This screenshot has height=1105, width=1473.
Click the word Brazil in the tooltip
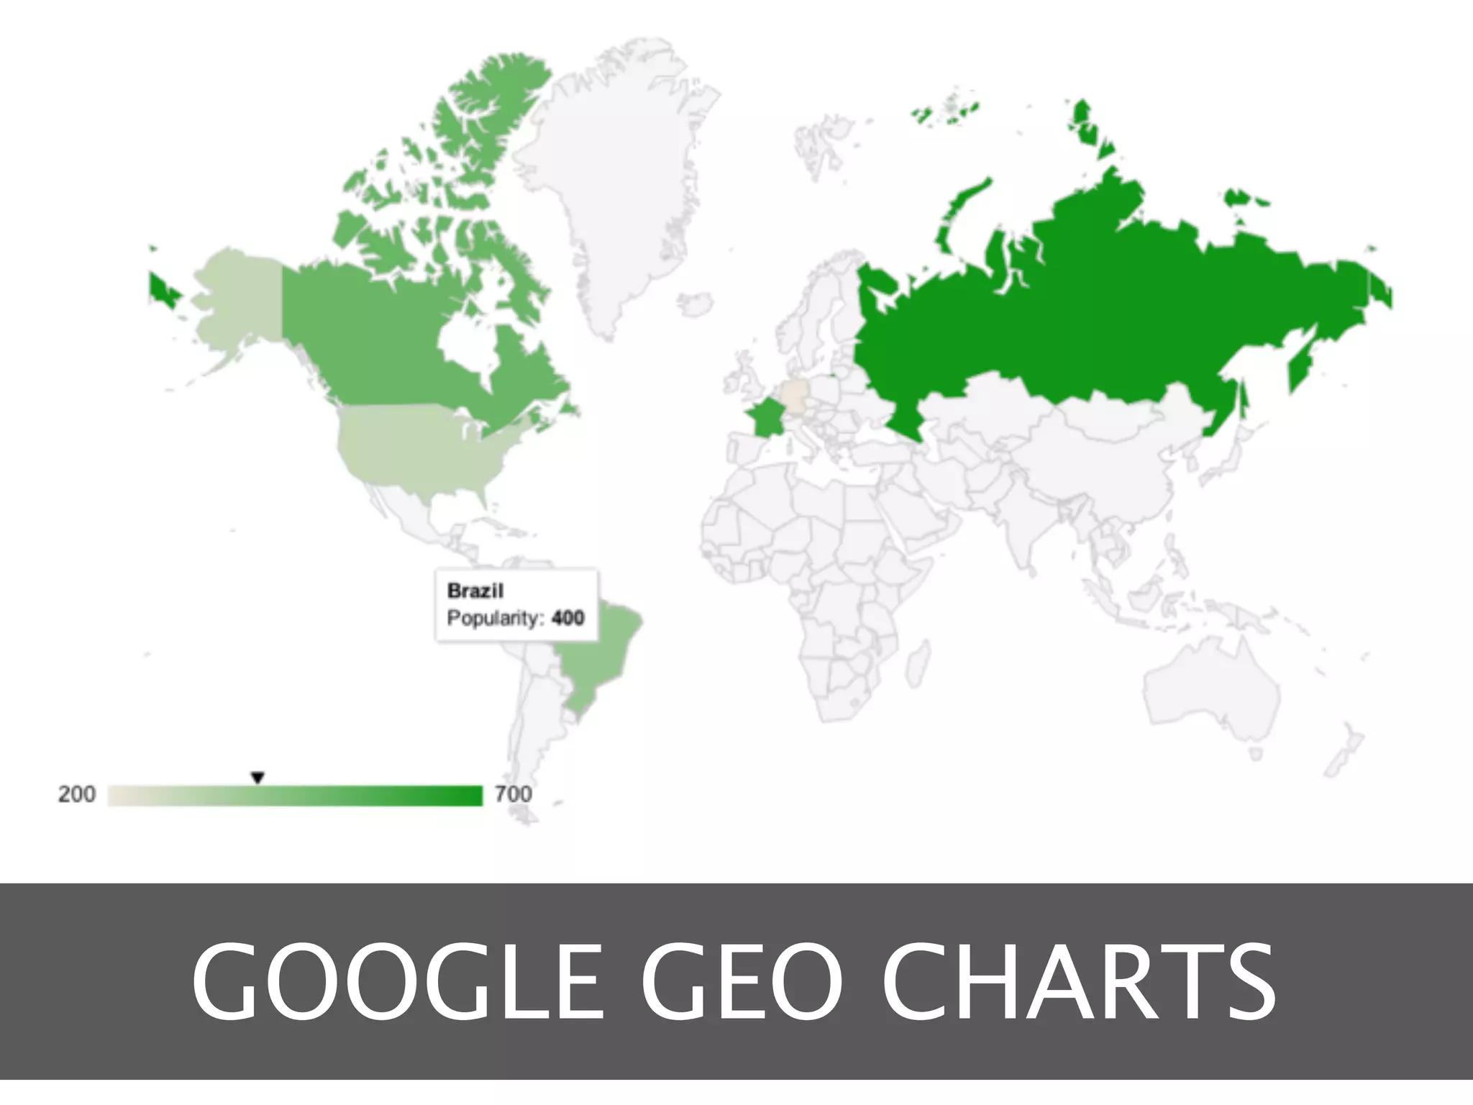pyautogui.click(x=475, y=591)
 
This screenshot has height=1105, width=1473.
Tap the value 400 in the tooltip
pyautogui.click(x=567, y=618)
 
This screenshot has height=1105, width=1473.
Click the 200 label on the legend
pyautogui.click(x=76, y=794)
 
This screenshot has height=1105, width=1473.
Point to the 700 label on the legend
pyautogui.click(x=514, y=794)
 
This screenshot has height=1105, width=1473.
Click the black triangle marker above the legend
pyautogui.click(x=257, y=778)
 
